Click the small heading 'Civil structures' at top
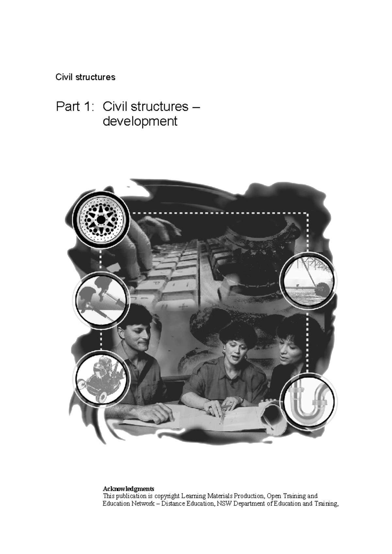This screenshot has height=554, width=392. (x=85, y=77)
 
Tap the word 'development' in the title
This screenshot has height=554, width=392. (x=140, y=121)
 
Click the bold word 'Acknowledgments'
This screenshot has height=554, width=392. (x=128, y=489)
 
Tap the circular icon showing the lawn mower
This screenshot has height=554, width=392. (x=101, y=378)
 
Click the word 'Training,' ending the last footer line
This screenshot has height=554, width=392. (x=326, y=503)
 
